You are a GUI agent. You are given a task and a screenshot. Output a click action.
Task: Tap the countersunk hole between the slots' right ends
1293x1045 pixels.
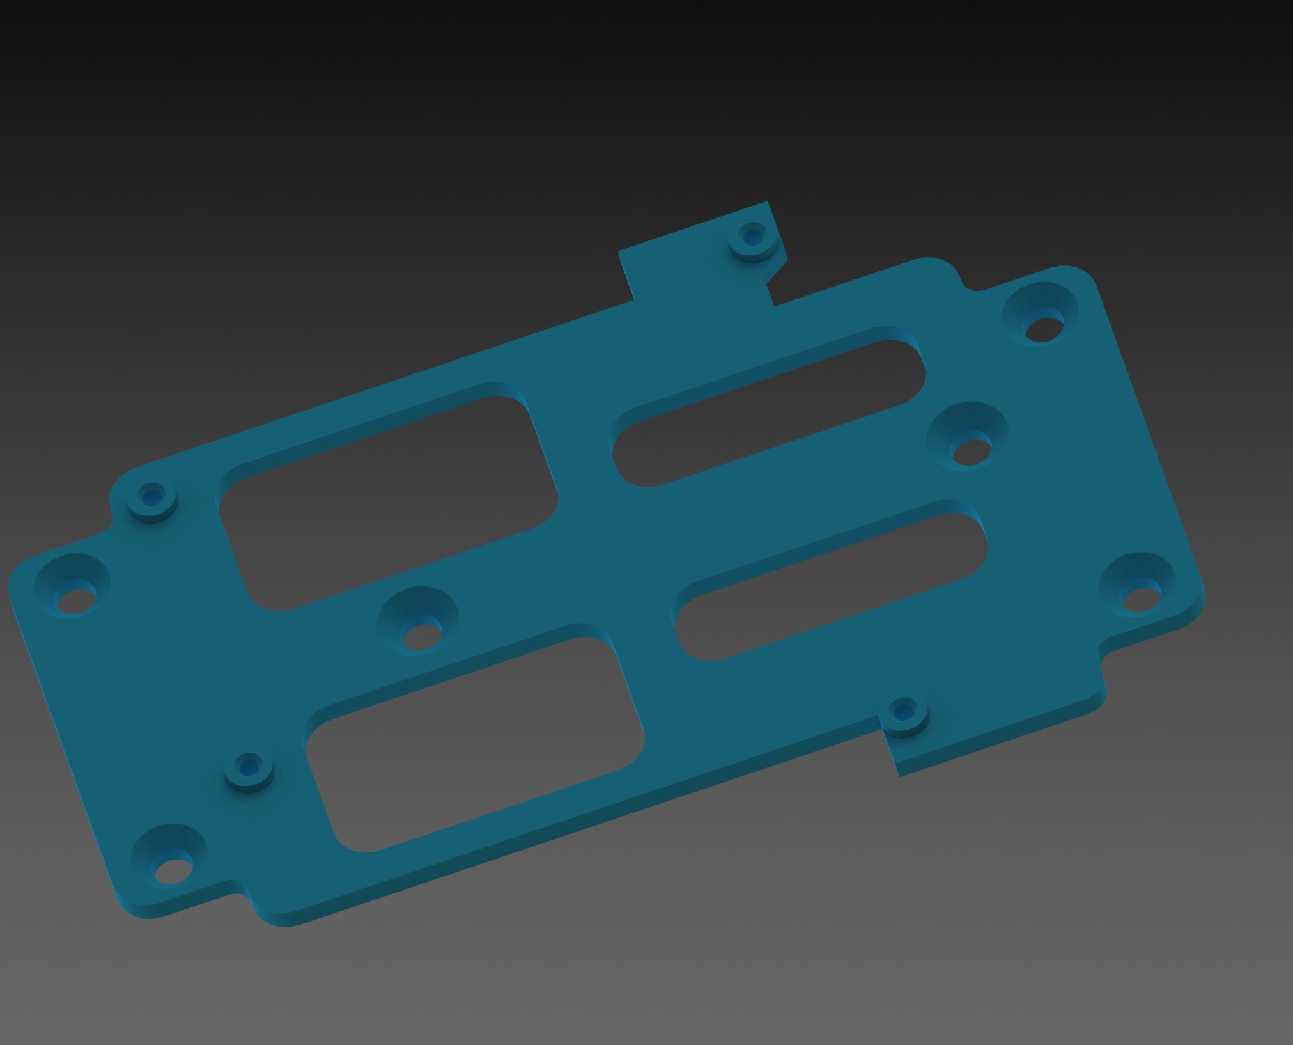(968, 438)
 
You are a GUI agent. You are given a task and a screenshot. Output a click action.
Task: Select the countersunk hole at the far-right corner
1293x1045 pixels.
(1138, 586)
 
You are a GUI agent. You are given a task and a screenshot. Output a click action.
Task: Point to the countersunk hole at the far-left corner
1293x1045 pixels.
(72, 585)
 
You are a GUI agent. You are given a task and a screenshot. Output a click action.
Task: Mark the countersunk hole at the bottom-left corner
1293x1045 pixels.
(169, 857)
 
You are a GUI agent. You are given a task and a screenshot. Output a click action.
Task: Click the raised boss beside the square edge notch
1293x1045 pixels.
(902, 715)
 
